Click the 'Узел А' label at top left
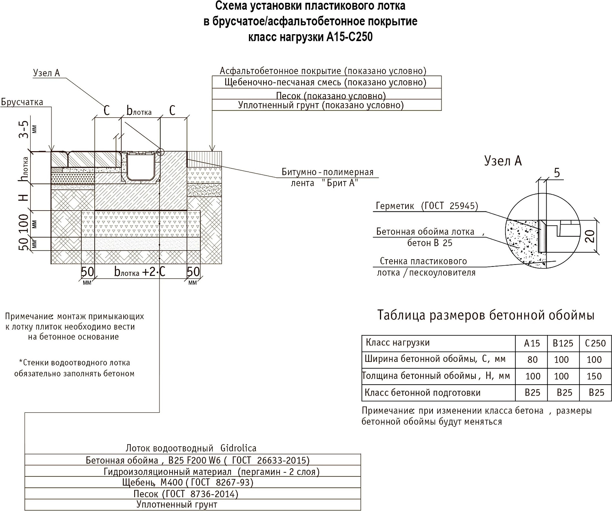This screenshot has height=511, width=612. click(46, 73)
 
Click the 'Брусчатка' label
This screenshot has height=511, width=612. click(22, 102)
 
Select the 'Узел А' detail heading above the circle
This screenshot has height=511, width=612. click(503, 161)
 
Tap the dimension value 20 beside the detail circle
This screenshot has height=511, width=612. click(590, 235)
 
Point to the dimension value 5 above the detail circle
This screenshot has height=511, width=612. click(557, 173)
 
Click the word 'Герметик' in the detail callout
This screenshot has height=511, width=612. click(395, 206)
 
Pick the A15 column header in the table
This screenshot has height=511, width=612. click(532, 343)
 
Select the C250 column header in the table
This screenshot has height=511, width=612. click(595, 343)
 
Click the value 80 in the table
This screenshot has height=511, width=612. click(532, 359)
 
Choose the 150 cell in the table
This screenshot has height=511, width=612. click(594, 376)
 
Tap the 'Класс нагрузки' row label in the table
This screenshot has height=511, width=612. click(398, 343)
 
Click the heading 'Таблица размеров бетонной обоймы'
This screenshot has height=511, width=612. click(486, 315)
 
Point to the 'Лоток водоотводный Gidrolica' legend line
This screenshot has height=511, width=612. click(191, 448)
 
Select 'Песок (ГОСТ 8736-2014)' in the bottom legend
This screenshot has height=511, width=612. click(186, 494)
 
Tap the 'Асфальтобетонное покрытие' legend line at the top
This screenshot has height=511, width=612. click(323, 71)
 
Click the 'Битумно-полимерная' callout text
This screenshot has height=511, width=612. click(328, 172)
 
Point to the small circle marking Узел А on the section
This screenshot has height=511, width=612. click(160, 152)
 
